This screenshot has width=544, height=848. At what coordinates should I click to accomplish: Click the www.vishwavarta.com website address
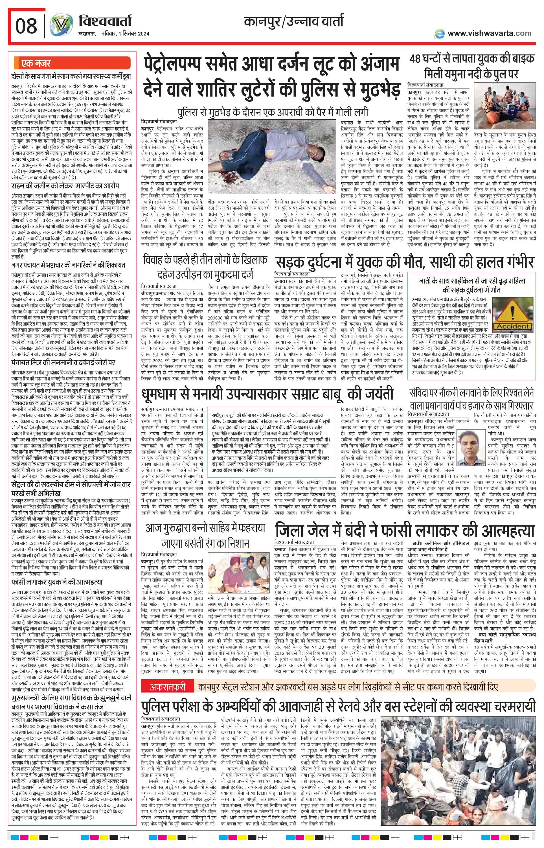point(489,33)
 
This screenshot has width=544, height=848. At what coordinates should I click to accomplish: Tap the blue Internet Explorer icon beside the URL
point(440,34)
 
